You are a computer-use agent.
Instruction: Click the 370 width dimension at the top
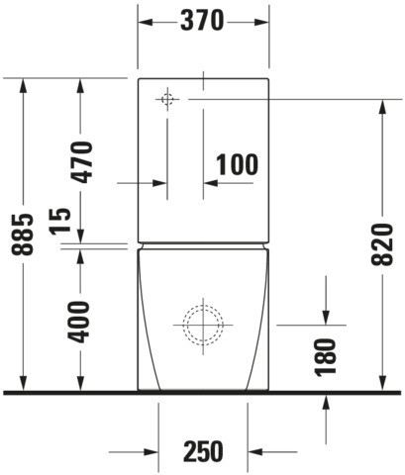click(202, 21)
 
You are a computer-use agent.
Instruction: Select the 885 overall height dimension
click(23, 235)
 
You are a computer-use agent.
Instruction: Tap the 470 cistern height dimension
click(81, 162)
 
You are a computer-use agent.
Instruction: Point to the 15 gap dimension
click(60, 221)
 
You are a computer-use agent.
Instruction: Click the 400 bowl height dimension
click(78, 322)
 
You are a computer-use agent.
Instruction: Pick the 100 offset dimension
click(237, 164)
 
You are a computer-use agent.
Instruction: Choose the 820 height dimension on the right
click(382, 244)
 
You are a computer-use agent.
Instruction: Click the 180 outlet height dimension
click(325, 357)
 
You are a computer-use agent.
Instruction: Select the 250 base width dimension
click(203, 451)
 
